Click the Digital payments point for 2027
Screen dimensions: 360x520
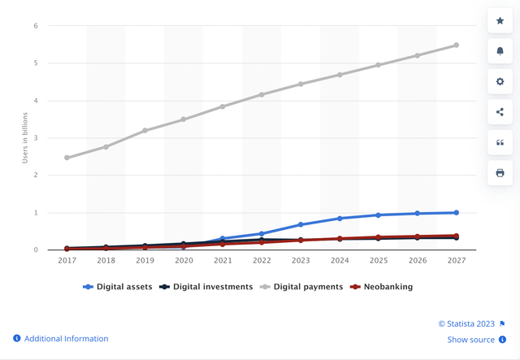[456, 45]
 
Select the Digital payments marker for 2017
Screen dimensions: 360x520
[67, 158]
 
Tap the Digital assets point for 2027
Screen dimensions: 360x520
[456, 213]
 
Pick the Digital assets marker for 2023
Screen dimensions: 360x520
[301, 224]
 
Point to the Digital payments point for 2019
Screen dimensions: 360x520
[145, 131]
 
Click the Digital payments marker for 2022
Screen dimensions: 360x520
[262, 94]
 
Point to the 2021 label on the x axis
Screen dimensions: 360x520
[223, 262]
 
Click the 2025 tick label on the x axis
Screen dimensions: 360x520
[379, 262]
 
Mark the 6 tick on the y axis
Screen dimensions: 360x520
[36, 26]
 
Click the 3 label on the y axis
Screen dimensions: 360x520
[36, 138]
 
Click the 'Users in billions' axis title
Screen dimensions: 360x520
[24, 138]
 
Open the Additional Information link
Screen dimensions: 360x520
[66, 339]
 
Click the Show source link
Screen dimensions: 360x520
[470, 340]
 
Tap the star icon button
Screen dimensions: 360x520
[500, 20]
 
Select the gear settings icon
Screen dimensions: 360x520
[500, 81]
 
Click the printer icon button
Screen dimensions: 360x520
[500, 172]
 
